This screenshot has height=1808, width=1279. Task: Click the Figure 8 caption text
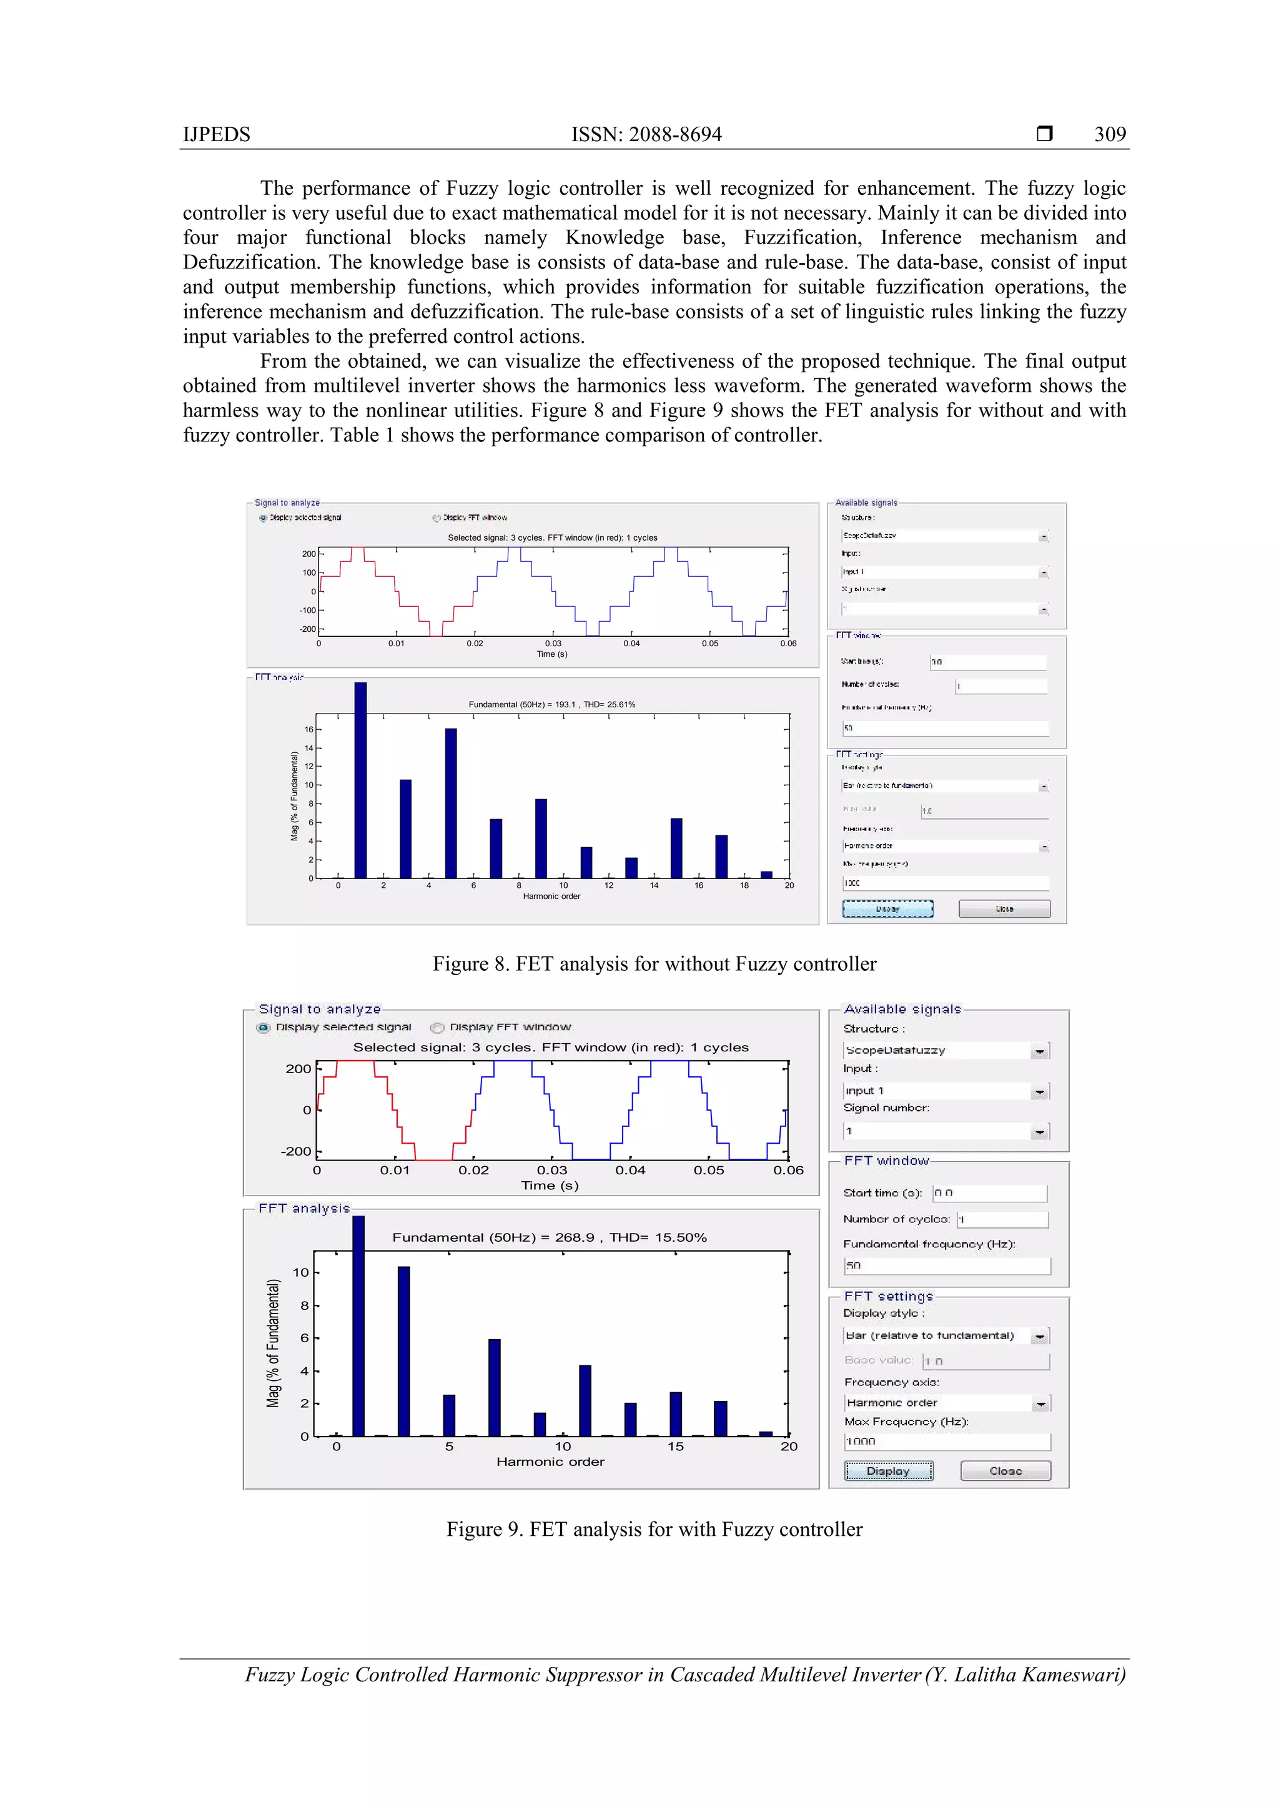pyautogui.click(x=654, y=964)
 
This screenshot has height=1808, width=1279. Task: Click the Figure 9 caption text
pyautogui.click(x=654, y=1529)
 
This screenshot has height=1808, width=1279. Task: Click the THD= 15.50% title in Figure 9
pyautogui.click(x=658, y=1237)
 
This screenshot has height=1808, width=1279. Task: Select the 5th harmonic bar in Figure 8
pyautogui.click(x=450, y=803)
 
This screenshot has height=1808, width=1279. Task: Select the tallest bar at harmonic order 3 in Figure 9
pyautogui.click(x=403, y=1350)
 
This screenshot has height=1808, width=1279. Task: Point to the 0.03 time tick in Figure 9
pyautogui.click(x=552, y=1170)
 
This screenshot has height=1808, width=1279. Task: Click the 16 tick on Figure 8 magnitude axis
pyautogui.click(x=309, y=729)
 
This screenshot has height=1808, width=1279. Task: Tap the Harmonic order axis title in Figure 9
pyautogui.click(x=550, y=1462)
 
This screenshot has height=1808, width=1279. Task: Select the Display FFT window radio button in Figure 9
pyautogui.click(x=438, y=1028)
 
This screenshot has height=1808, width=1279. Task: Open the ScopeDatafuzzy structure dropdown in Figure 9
pyautogui.click(x=1040, y=1051)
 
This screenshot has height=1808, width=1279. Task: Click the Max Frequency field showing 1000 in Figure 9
pyautogui.click(x=947, y=1441)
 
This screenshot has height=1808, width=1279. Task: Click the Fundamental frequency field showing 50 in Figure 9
pyautogui.click(x=947, y=1265)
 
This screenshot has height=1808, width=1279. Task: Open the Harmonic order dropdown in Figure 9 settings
pyautogui.click(x=1040, y=1403)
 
